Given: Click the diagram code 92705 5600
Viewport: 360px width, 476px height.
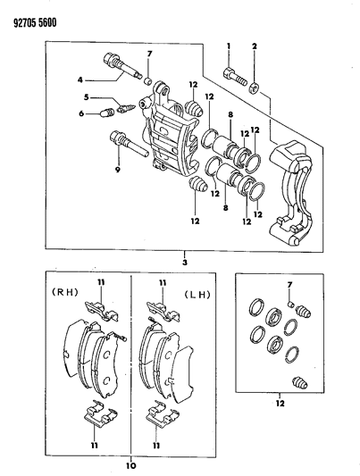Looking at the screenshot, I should (x=31, y=13).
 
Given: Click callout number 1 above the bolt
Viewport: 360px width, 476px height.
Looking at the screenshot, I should (x=229, y=46).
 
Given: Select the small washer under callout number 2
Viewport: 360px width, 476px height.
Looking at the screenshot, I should (x=255, y=87).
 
